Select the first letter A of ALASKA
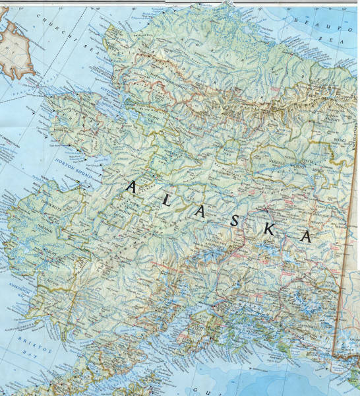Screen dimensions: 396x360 coord(131,187)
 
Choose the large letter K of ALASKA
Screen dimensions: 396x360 coord(270,228)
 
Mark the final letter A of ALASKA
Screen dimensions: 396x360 coord(306,237)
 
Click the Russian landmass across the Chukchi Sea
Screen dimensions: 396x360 coord(16,49)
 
